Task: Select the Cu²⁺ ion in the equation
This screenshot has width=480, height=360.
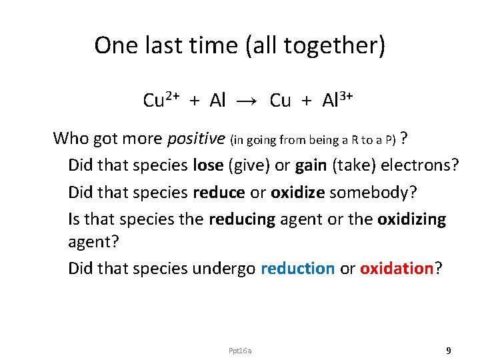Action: tap(161, 100)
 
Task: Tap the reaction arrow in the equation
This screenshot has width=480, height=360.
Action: tap(247, 101)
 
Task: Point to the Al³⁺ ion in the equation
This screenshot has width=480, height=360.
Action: tap(337, 100)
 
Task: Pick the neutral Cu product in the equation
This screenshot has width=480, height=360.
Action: tap(280, 101)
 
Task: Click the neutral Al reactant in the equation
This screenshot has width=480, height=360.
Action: tap(218, 101)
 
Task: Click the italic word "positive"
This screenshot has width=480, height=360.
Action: tap(196, 139)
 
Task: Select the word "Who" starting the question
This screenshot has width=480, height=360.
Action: tap(70, 139)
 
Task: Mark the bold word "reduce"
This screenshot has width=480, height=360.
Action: tap(219, 192)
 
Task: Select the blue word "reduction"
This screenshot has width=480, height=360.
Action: tap(297, 268)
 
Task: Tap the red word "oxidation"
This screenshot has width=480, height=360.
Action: tap(397, 268)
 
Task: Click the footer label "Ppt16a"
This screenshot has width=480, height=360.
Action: tap(240, 350)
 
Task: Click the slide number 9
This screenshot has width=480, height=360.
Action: tap(449, 350)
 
